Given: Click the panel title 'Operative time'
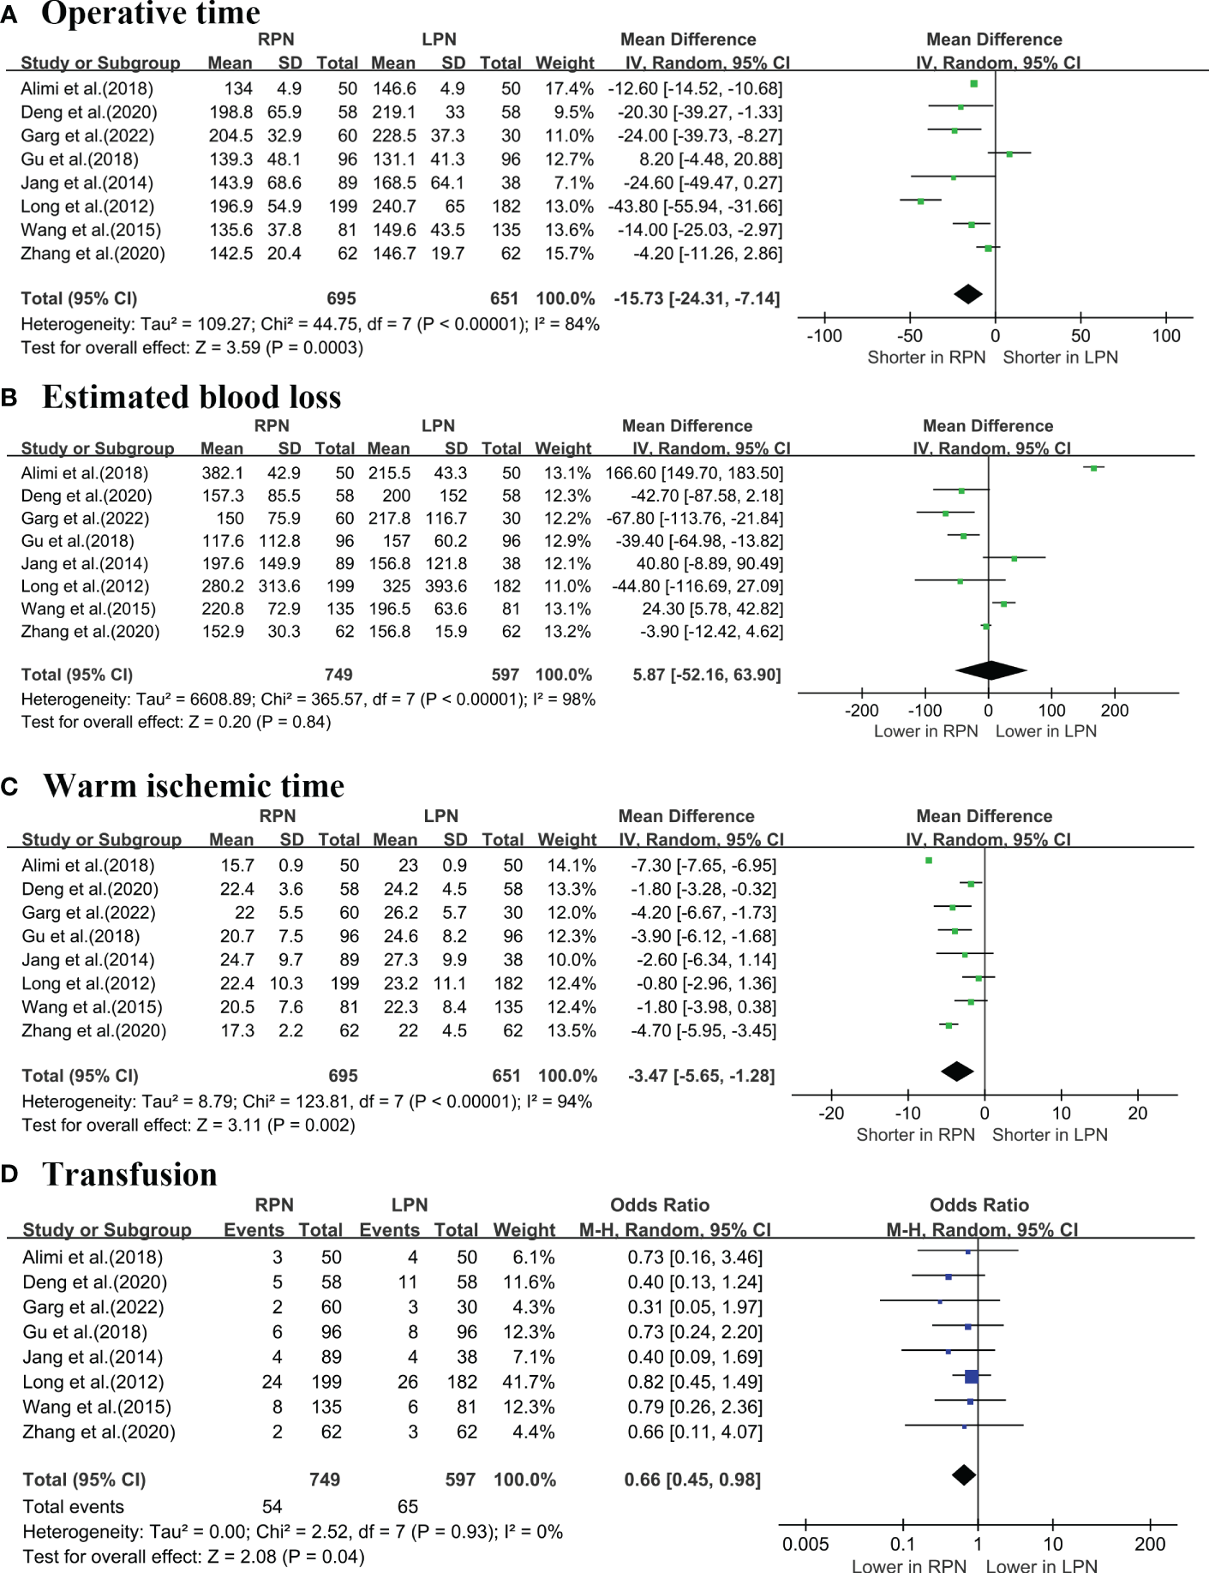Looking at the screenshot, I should click(x=151, y=14).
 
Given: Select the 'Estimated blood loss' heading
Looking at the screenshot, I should click(x=192, y=397).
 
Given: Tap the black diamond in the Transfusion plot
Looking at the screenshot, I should click(x=964, y=1475).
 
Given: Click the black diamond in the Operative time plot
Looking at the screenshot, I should click(x=968, y=294).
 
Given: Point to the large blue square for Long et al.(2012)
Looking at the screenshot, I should click(x=971, y=1377).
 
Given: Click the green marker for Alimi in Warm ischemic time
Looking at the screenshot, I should click(x=929, y=860).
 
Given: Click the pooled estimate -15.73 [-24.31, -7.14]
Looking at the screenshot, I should click(x=697, y=298).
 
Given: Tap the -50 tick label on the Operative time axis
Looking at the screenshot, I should click(x=910, y=336).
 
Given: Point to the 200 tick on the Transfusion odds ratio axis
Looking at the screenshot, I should click(x=1150, y=1544).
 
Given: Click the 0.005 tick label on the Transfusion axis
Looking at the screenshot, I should click(x=805, y=1544).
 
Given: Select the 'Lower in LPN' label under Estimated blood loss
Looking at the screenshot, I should click(x=1045, y=731).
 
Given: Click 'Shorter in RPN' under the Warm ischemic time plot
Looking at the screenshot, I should click(x=915, y=1135).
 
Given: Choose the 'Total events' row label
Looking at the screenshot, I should click(x=74, y=1506).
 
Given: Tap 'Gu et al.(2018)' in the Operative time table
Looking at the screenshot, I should click(x=80, y=159).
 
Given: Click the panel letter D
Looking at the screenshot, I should click(x=10, y=1174).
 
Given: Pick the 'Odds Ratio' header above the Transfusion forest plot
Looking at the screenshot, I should click(x=979, y=1204).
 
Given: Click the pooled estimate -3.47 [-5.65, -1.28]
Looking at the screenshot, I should click(x=701, y=1076).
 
